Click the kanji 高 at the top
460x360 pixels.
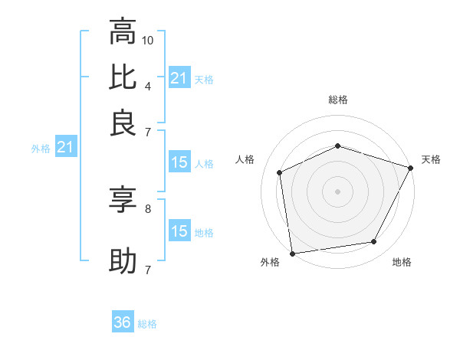point(123,34)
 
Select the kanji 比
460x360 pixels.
point(123,77)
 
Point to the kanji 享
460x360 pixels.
point(123,201)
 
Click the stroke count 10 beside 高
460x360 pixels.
point(149,39)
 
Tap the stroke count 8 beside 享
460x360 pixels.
point(147,208)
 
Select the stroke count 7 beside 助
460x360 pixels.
point(147,270)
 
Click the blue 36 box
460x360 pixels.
point(123,323)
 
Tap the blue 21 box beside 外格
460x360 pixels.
point(64,148)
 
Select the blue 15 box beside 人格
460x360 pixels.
point(179,162)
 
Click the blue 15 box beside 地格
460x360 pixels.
point(179,231)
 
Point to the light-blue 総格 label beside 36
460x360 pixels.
point(147,324)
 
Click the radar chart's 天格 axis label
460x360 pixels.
point(431,159)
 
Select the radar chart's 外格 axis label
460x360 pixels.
point(270,262)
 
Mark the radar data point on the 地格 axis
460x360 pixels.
point(374,242)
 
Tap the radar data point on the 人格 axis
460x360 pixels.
point(280,172)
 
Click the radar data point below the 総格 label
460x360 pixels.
point(337,146)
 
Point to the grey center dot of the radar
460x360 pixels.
point(337,191)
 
